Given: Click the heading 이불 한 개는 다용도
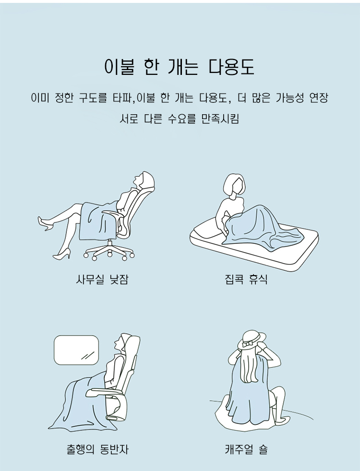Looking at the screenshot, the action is tap(180, 67).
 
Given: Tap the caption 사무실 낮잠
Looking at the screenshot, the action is tap(102, 279).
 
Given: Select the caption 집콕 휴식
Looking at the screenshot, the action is tap(246, 279).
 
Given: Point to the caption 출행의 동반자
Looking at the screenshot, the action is tap(98, 449).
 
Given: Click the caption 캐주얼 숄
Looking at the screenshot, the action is tap(246, 449).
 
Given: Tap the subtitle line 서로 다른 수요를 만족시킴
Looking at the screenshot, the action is tap(179, 119).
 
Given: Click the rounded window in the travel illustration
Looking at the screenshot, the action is tap(76, 350).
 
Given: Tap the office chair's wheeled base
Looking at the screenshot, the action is tap(108, 251).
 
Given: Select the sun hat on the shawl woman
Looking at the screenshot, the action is tap(252, 341).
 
